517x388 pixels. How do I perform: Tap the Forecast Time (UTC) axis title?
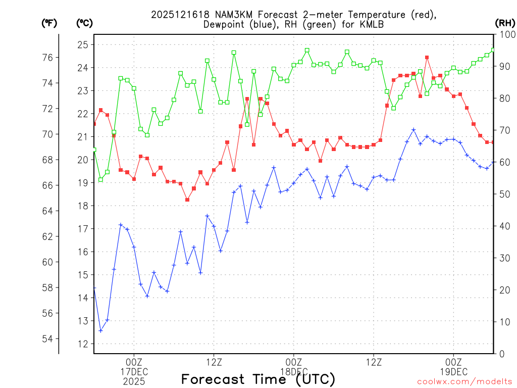click(x=258, y=379)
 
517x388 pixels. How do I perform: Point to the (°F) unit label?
click(x=49, y=23)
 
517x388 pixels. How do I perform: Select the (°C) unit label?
click(x=84, y=23)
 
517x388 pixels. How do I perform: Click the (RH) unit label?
click(x=505, y=23)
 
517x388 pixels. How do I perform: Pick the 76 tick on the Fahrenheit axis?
click(x=47, y=57)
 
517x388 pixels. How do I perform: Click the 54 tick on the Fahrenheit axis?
click(x=47, y=338)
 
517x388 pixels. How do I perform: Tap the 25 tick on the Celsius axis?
click(x=83, y=44)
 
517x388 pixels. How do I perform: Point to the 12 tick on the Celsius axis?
click(x=83, y=344)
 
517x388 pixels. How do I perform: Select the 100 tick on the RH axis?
click(x=506, y=34)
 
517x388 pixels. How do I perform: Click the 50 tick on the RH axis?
click(x=504, y=194)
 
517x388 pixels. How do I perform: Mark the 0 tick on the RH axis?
click(x=502, y=354)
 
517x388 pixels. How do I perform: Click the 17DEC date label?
click(x=134, y=371)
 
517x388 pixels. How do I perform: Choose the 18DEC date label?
click(x=294, y=371)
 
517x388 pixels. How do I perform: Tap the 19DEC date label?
click(x=453, y=371)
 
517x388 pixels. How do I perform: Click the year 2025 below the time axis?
click(x=134, y=381)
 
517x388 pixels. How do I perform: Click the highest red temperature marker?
click(x=427, y=58)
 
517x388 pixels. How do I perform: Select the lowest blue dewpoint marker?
click(x=100, y=330)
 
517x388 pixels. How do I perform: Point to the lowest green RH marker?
click(x=100, y=179)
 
